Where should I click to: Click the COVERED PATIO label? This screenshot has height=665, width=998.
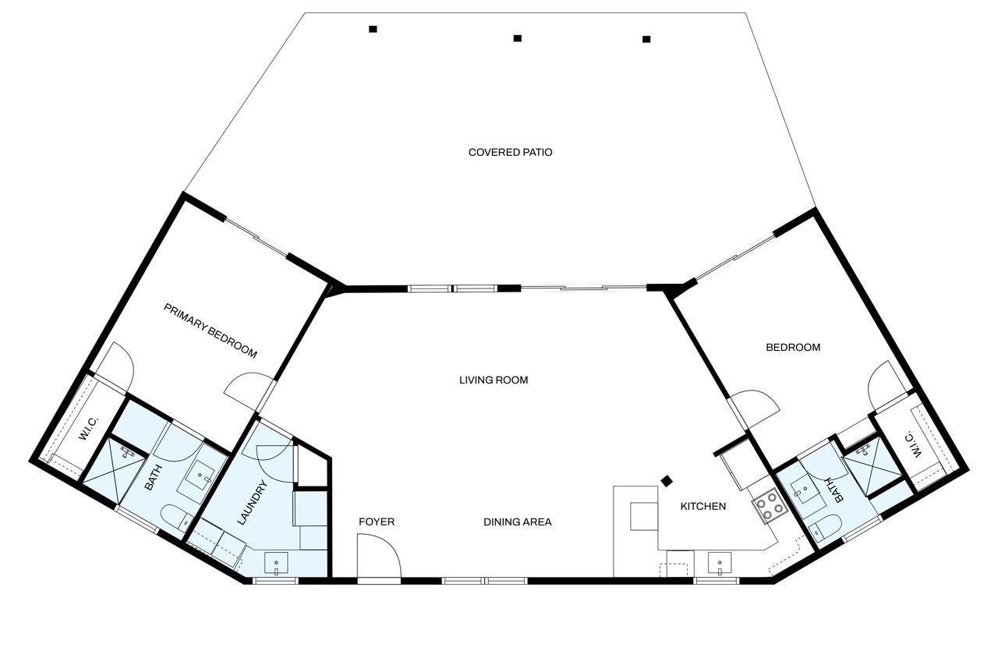[510, 152]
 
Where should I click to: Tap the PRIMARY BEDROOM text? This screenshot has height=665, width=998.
[211, 331]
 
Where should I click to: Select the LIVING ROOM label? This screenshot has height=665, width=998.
[494, 380]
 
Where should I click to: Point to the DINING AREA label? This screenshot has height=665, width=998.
[517, 522]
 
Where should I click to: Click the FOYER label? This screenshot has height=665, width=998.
[377, 522]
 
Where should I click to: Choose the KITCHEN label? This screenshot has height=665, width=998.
[703, 506]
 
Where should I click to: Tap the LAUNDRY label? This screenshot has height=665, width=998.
[252, 502]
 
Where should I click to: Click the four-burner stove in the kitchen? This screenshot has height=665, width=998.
[770, 506]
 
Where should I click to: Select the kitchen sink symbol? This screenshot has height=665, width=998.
[720, 564]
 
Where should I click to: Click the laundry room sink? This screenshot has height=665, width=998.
[276, 564]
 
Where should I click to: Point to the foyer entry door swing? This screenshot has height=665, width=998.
[379, 556]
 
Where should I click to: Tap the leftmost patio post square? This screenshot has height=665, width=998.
[373, 30]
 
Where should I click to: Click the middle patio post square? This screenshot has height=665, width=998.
[517, 38]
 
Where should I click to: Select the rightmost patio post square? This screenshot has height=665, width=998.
[646, 39]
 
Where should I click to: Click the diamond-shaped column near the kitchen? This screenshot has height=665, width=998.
[667, 481]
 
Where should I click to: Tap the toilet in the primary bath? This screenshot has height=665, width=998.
[176, 518]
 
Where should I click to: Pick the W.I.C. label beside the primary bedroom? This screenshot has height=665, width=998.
[88, 429]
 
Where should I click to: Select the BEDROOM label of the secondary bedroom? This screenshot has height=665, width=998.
[793, 348]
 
